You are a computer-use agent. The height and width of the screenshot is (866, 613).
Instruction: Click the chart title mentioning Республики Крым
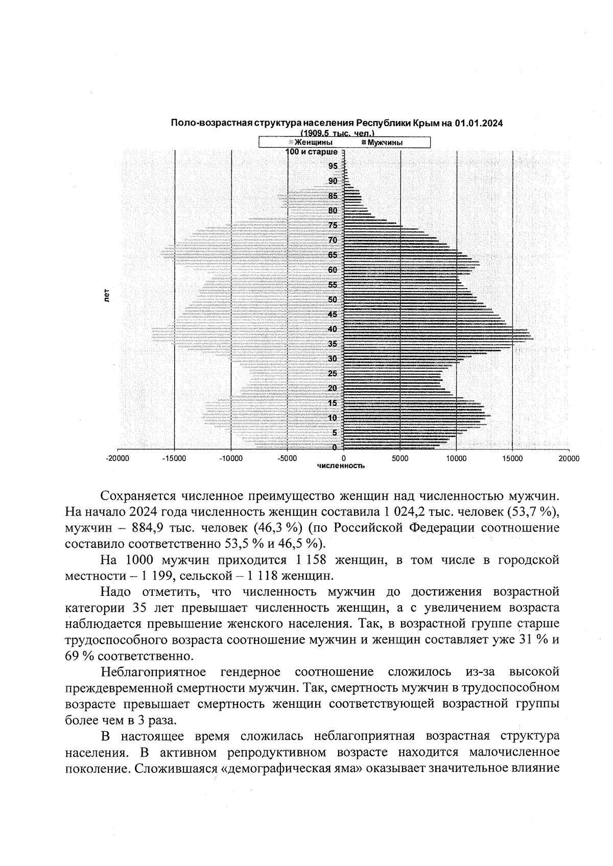click(337, 123)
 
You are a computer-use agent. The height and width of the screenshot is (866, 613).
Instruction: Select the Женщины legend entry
click(313, 142)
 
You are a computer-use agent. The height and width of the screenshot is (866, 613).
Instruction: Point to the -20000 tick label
click(117, 459)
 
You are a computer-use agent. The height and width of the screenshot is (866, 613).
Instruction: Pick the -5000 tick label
click(287, 459)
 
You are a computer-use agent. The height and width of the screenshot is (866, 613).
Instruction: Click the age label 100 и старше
click(312, 152)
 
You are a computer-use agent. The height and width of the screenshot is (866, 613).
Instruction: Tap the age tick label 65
click(333, 255)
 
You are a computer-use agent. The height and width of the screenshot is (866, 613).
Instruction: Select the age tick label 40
click(333, 329)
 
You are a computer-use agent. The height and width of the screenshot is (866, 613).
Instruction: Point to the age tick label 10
click(333, 418)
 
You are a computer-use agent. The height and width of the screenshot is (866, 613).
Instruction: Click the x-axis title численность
click(341, 466)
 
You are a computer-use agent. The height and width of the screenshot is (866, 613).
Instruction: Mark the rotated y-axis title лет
click(107, 296)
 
